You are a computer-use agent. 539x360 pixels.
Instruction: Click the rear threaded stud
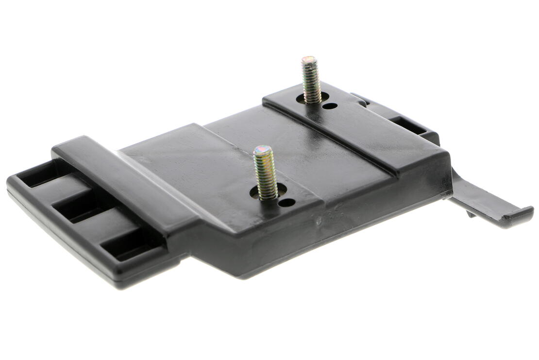[x=311, y=80]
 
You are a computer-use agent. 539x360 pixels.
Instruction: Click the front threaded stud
[x=266, y=173]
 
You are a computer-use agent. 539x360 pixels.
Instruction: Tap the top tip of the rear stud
[x=308, y=60]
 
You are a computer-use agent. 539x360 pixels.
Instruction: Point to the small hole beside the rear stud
[x=330, y=105]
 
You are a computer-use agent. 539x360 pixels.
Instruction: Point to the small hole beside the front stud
[x=286, y=202]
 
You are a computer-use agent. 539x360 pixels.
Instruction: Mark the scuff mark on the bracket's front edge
[x=319, y=223]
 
